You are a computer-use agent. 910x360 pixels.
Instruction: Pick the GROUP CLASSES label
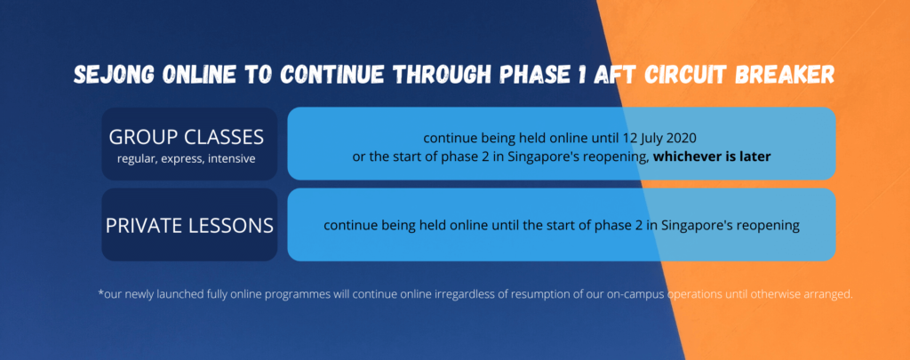coord(187,137)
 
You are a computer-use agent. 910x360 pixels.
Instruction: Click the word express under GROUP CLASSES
coord(180,158)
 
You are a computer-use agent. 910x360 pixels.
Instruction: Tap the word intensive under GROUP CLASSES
coord(231,158)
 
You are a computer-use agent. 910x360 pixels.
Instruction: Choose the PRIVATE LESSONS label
coord(189,225)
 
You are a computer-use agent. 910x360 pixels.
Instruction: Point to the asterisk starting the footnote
coord(100,292)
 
